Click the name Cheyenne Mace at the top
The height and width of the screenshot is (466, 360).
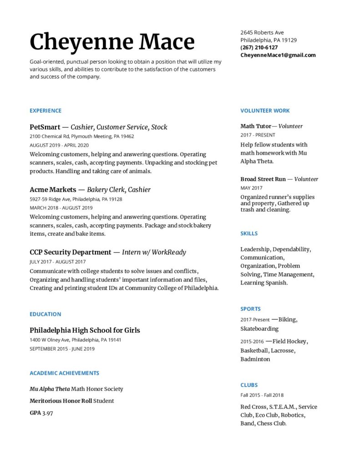point(112,42)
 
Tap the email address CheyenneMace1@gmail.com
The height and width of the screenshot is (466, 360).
point(278,55)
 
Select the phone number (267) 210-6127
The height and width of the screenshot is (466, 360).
point(259,47)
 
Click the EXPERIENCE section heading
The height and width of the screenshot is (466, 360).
point(46,111)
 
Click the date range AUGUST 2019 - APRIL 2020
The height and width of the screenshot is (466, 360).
point(59,145)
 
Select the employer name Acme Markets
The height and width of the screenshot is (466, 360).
point(52,189)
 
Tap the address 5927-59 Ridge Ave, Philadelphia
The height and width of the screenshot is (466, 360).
point(76,199)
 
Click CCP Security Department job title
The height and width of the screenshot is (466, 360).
point(71,252)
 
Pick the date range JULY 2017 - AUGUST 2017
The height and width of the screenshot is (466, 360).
point(57,262)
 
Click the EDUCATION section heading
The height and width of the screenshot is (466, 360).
point(45,314)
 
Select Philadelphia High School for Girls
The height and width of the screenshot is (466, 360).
point(85,330)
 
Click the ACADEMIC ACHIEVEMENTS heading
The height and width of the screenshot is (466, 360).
point(64,373)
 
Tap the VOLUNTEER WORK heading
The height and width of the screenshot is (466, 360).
point(265,111)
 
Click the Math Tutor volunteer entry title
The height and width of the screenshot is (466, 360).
point(256,126)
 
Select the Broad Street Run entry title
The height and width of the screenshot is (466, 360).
point(263,179)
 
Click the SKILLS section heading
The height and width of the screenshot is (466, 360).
point(249,233)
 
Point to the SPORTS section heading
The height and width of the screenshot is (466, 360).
point(250,309)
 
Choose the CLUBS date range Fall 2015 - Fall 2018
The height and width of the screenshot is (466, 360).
point(262,395)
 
